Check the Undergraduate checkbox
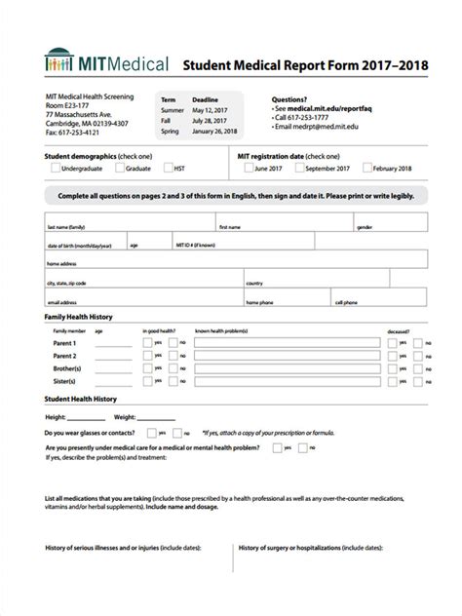pos(54,168)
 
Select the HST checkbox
pos(168,168)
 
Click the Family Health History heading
pos(79,318)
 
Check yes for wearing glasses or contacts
pos(150,432)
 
